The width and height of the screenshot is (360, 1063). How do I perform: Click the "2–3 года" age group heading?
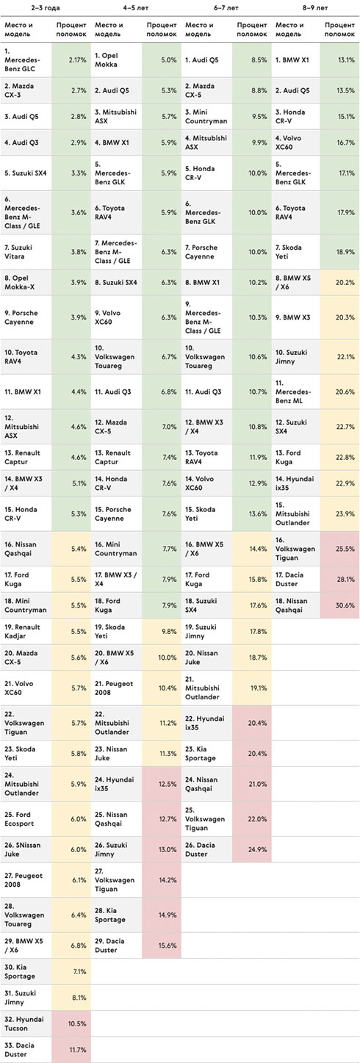tap(46, 8)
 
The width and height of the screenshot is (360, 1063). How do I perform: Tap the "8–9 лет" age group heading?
tap(315, 8)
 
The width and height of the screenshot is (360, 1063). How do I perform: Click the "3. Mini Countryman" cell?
tap(206, 116)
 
